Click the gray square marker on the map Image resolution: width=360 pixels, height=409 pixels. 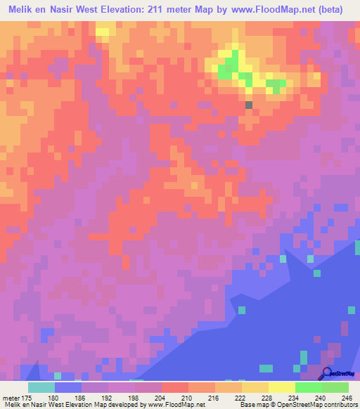(248, 105)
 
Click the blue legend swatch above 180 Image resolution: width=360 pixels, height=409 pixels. (67, 388)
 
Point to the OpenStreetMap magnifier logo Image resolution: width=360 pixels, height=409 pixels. (327, 374)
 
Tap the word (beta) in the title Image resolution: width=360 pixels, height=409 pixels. (343, 10)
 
